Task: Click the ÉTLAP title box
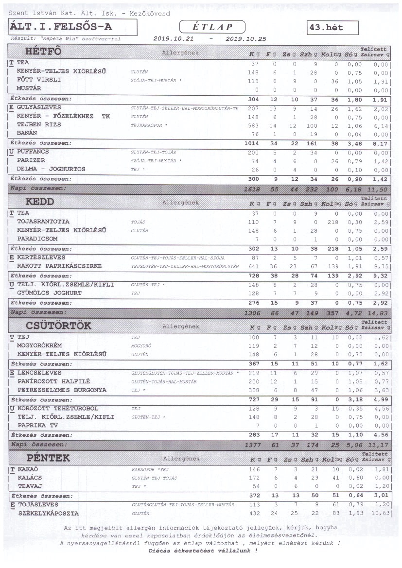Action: click(x=212, y=27)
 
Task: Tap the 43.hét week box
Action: click(x=332, y=28)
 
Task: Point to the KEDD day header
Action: click(x=40, y=201)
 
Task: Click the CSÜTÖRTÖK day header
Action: click(x=58, y=326)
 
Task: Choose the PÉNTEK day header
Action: click(x=48, y=458)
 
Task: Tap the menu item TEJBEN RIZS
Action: click(x=39, y=125)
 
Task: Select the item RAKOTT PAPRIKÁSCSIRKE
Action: click(x=59, y=266)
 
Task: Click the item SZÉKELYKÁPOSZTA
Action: click(x=48, y=514)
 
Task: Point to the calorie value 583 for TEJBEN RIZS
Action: click(x=254, y=125)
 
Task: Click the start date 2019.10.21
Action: click(x=173, y=39)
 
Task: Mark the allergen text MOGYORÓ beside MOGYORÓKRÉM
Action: click(x=139, y=346)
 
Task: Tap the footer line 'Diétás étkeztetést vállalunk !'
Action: click(x=203, y=551)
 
